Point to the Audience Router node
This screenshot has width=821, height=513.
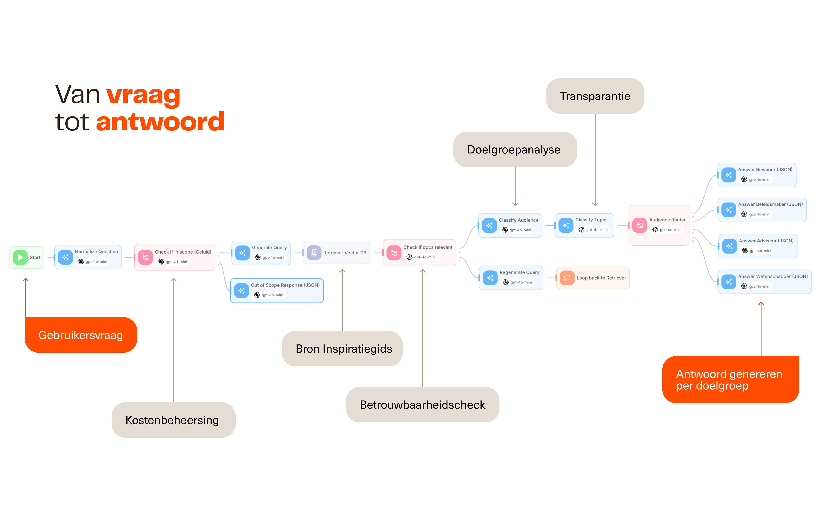point(659,225)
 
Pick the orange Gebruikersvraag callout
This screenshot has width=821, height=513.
point(81,335)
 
